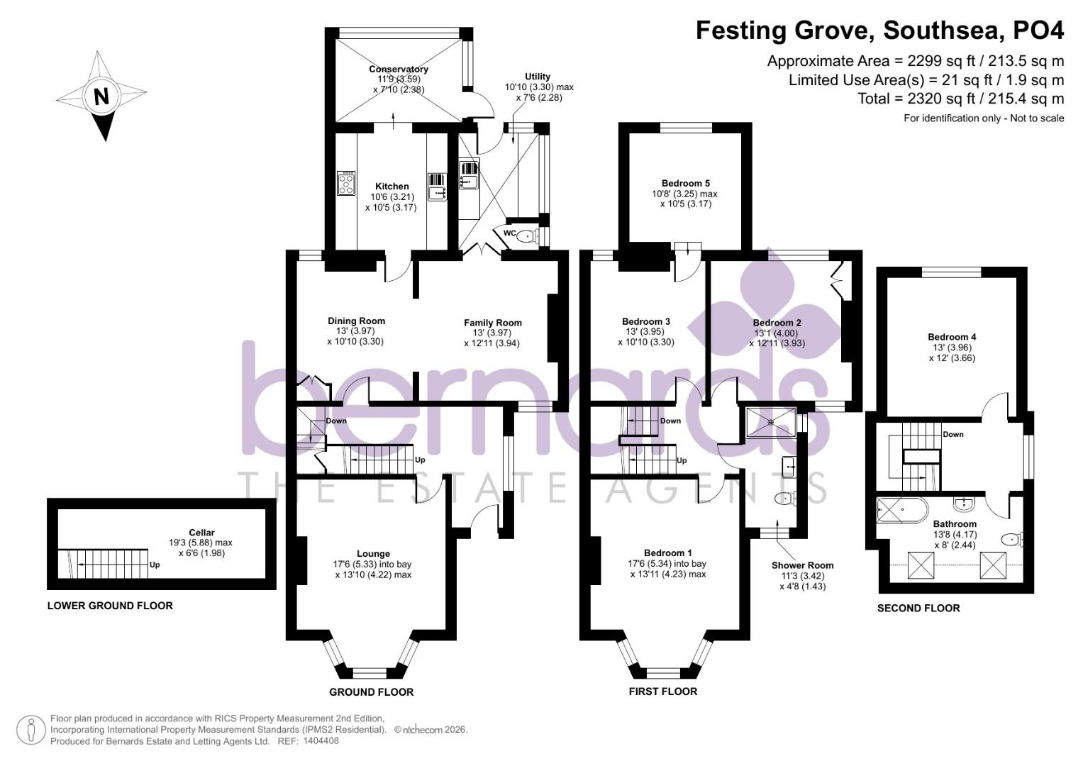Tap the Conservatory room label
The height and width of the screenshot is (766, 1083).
tap(398, 70)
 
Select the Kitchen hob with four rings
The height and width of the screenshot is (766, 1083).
tap(346, 183)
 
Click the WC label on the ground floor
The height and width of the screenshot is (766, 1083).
tap(509, 233)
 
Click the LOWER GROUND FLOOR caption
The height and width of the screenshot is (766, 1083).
tap(110, 606)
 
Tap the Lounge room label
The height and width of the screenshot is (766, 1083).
tap(373, 554)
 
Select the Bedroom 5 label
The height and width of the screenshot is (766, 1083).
tap(685, 183)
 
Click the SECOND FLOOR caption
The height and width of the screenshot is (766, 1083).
tap(918, 609)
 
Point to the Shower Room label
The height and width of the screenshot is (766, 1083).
tap(802, 565)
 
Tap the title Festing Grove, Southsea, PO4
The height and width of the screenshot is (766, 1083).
tap(879, 31)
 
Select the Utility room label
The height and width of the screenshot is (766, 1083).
tap(538, 77)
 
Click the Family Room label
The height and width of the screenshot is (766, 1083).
tap(493, 323)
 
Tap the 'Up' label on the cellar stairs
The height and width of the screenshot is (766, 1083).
tap(155, 565)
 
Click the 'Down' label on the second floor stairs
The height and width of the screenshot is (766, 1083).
tap(953, 434)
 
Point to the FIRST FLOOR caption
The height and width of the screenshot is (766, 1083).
tap(663, 692)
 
